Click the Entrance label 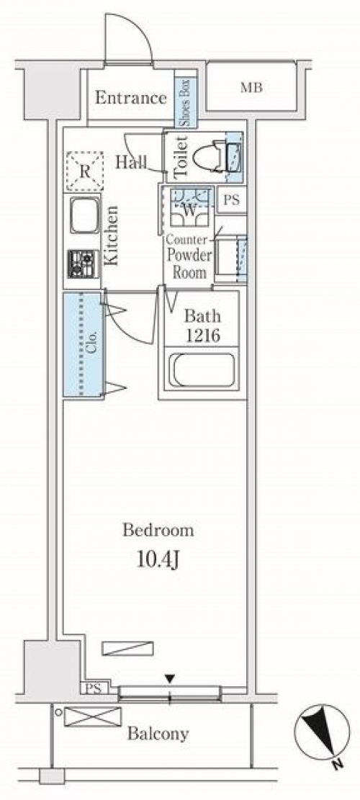coord(131,97)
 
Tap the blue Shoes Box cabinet coord(185,102)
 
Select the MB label coord(251,88)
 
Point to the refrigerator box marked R coord(85,171)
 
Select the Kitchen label coord(112,235)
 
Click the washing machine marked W coord(189,207)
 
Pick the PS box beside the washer coord(231,199)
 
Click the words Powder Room coord(188,263)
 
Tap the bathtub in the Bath coord(203,370)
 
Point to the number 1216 coord(202,336)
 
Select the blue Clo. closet coord(83,344)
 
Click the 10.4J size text coord(157,561)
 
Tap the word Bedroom coord(158,531)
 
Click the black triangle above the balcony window coord(170,678)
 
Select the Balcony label coord(158,734)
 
